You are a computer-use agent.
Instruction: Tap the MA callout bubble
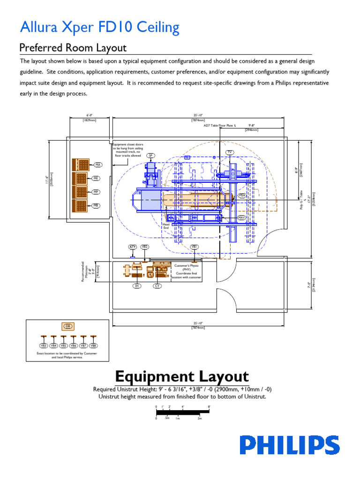(98, 165)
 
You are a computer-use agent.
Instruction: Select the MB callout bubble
(96, 205)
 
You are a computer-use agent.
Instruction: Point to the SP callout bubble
(150, 155)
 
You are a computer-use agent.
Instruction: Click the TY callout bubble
(230, 152)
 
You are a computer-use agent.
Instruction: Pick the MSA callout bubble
(242, 195)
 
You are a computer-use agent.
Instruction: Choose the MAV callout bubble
(242, 217)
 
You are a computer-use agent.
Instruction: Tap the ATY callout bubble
(133, 247)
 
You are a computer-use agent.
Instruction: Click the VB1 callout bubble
(194, 247)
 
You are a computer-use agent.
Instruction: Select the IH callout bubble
(137, 285)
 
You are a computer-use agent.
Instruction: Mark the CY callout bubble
(157, 285)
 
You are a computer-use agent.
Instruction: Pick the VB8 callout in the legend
(93, 345)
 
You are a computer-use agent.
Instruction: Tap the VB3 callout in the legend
(44, 345)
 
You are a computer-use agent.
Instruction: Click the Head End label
(165, 226)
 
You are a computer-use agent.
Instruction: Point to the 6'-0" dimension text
(90, 115)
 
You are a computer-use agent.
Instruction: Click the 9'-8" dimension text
(251, 126)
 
